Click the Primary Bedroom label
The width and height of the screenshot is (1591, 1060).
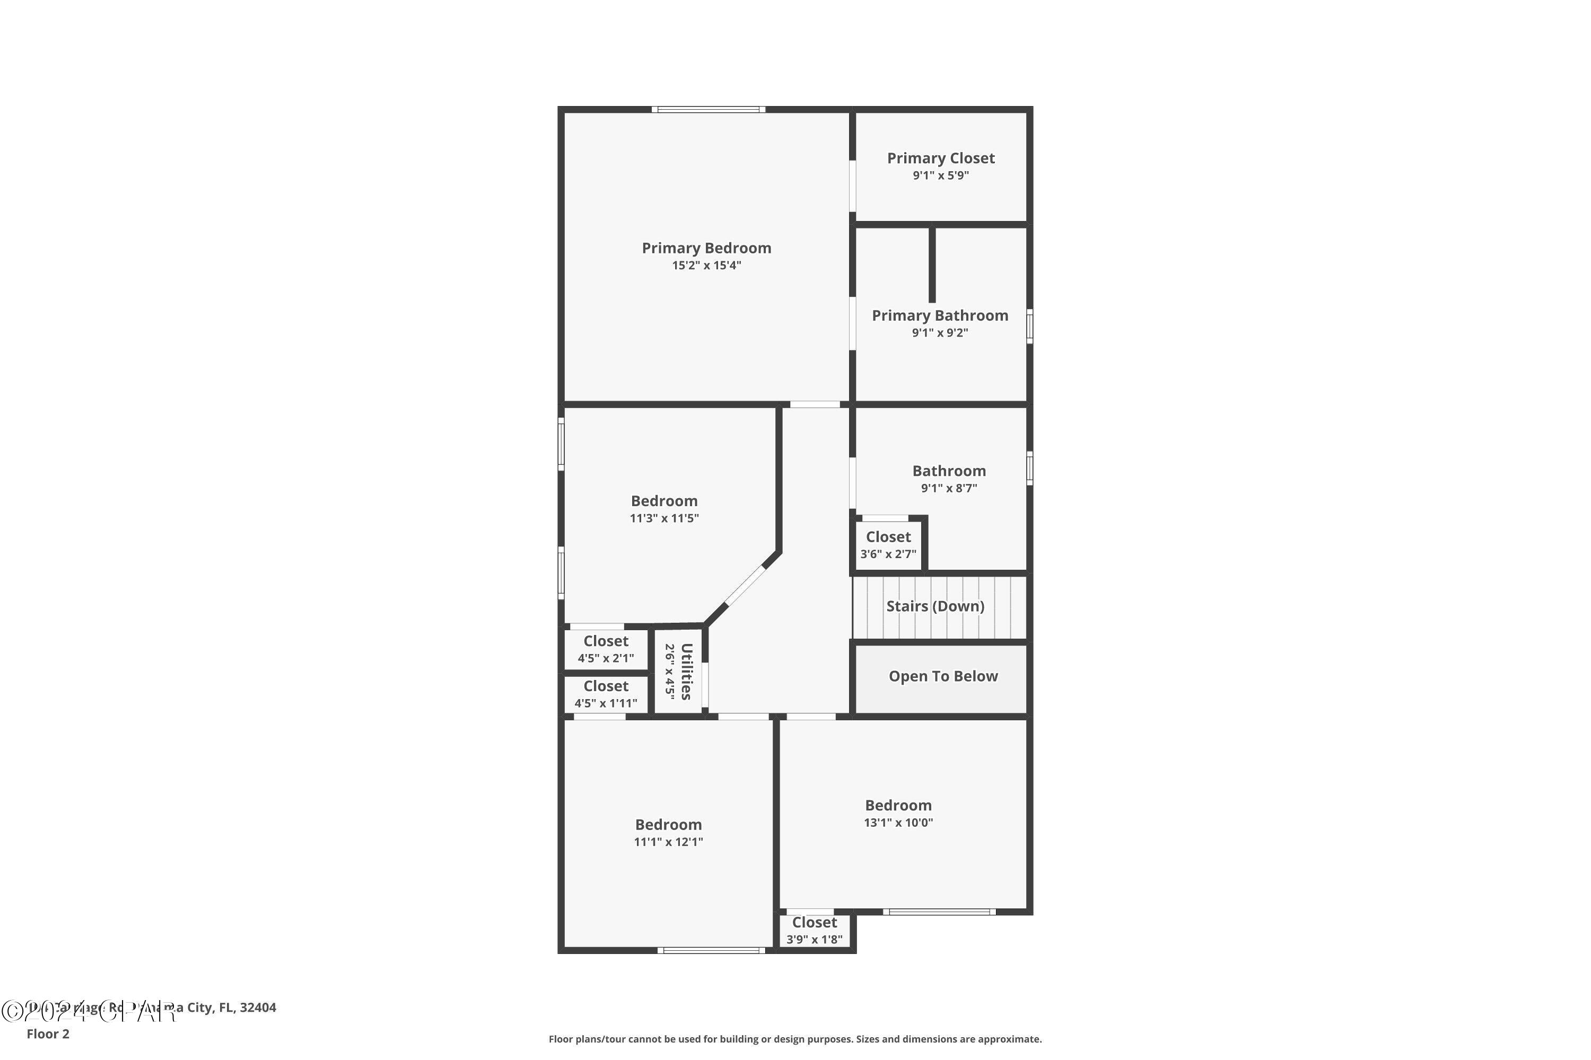coord(706,248)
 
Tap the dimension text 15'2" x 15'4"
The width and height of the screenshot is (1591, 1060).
coord(706,266)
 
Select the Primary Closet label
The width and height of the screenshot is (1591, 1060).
coord(940,158)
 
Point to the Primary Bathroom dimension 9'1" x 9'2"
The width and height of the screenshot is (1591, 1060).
coord(940,333)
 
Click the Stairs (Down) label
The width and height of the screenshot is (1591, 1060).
coord(935,606)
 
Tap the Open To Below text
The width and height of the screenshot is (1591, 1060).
coord(943,677)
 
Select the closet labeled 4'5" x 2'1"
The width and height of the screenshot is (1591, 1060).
coord(606,649)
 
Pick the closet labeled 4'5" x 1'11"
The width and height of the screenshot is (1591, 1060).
coord(606,694)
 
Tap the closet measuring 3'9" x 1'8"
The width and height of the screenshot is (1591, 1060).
coord(815,931)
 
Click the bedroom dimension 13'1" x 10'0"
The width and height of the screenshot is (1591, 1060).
coord(898,823)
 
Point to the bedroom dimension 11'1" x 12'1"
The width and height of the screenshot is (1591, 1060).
coord(668,842)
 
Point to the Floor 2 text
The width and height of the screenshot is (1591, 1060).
coord(48,1033)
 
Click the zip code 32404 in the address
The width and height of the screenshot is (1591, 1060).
coord(258,1008)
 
